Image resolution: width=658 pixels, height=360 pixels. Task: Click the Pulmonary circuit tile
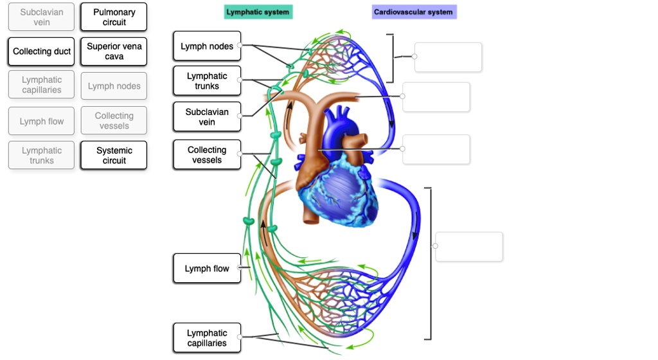tap(114, 17)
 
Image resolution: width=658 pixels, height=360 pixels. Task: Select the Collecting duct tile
tap(42, 51)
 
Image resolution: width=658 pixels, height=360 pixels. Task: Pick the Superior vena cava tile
tap(114, 51)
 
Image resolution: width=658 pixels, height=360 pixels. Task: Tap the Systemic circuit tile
tap(114, 156)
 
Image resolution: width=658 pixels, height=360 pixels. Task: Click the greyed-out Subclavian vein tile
tap(42, 17)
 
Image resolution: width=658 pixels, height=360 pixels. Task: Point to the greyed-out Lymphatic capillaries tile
tap(42, 85)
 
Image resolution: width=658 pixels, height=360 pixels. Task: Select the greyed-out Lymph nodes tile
tap(114, 86)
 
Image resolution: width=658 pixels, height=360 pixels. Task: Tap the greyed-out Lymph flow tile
tap(42, 122)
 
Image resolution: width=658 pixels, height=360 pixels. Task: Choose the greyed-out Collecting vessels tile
tap(114, 121)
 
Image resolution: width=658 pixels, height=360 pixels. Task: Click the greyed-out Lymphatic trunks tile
tap(42, 156)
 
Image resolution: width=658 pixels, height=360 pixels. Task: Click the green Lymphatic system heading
tap(258, 12)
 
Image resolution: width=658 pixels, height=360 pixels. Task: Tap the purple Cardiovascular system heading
tap(414, 12)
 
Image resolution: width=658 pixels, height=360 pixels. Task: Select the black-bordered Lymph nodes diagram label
tap(207, 46)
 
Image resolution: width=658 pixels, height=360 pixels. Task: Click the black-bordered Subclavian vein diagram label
tap(207, 117)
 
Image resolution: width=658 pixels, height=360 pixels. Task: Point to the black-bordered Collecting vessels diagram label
tap(207, 155)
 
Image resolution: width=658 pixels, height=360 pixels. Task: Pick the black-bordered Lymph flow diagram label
tap(207, 269)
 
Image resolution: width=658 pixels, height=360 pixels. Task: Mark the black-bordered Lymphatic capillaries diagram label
tap(207, 338)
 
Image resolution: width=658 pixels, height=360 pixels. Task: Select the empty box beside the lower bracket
tap(469, 247)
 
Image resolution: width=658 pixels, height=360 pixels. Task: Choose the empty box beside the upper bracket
tap(449, 57)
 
